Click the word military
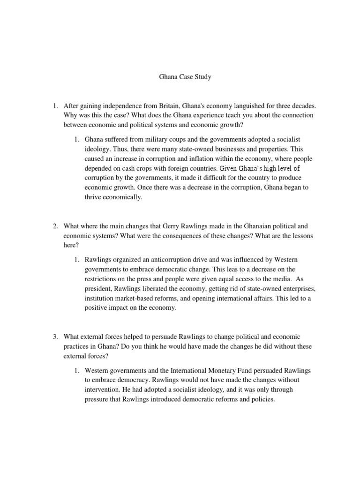152,140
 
